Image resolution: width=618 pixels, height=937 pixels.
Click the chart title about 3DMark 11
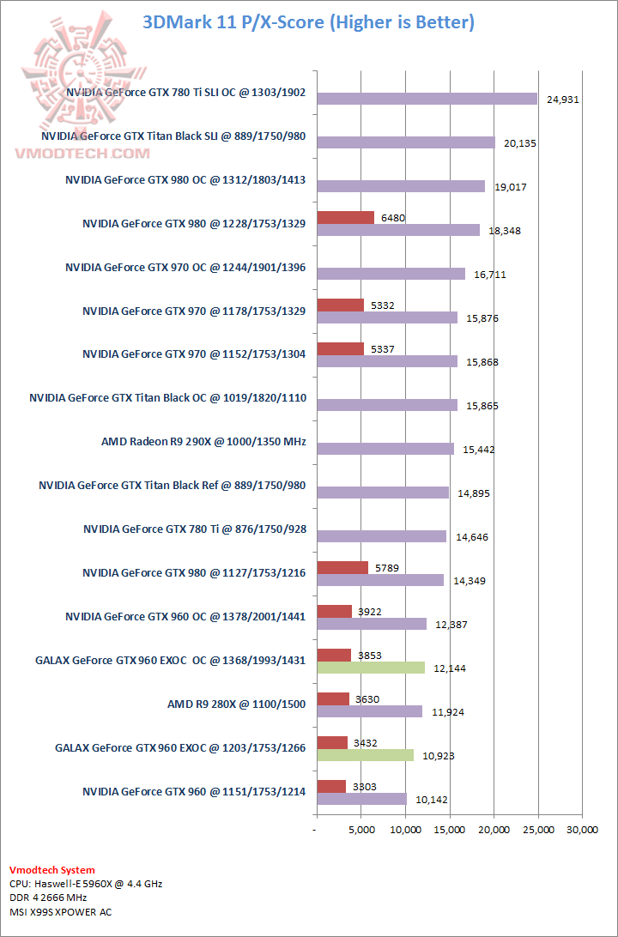click(308, 21)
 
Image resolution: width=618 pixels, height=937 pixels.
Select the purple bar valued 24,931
click(427, 99)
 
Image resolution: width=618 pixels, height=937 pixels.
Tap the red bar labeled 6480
click(345, 218)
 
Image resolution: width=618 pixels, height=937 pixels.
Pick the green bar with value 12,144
click(371, 668)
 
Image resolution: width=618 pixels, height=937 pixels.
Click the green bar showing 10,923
click(365, 755)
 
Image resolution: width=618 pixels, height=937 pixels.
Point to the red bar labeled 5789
click(342, 567)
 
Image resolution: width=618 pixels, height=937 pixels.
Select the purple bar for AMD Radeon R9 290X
click(385, 449)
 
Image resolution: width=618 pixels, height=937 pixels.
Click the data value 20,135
click(520, 143)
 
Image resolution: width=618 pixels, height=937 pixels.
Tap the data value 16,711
click(491, 275)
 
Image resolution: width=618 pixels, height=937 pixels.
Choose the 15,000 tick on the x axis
click(450, 830)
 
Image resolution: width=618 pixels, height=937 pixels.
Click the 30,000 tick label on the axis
click(582, 830)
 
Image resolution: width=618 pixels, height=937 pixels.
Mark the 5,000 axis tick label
click(361, 830)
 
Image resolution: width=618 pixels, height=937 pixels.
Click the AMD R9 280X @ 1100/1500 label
click(236, 704)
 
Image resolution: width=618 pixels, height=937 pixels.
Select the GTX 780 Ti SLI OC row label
click(185, 92)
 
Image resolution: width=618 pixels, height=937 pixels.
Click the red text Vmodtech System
click(52, 870)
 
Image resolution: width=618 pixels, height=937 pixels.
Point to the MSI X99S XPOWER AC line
click(60, 912)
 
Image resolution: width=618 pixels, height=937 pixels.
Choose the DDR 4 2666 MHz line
click(48, 898)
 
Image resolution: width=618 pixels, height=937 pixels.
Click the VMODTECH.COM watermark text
click(82, 153)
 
